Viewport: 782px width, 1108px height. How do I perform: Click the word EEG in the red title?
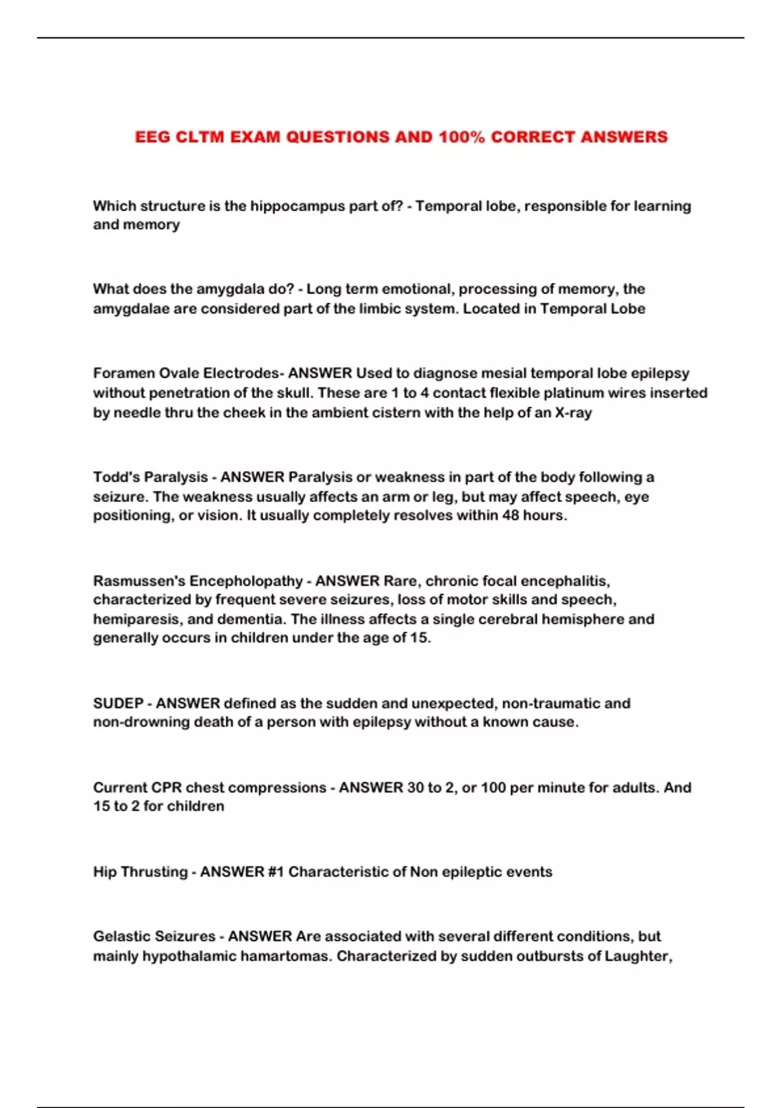(x=153, y=137)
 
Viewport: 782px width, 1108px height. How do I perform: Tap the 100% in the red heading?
(x=461, y=137)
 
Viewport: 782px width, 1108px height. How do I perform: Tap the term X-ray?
(x=573, y=413)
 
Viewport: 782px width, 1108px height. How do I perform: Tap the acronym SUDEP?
(x=118, y=703)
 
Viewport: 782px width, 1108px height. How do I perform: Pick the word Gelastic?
(x=122, y=937)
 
